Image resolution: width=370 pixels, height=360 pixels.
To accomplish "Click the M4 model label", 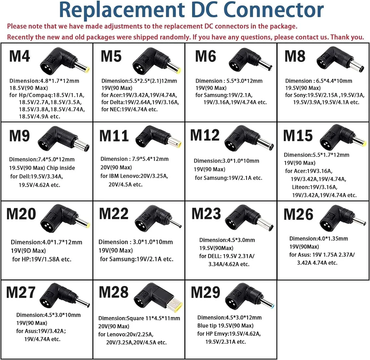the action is coord(20,56).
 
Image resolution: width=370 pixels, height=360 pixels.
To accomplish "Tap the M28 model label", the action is coord(114,292).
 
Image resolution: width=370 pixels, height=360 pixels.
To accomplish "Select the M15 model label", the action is coord(298,136).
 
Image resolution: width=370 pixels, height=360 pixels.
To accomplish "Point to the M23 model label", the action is coord(206,214).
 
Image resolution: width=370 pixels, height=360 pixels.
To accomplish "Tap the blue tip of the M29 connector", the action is coord(273,307).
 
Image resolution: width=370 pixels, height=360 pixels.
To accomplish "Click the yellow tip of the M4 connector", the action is coord(87,70).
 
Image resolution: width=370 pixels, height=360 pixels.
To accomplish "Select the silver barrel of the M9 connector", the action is coord(81,145).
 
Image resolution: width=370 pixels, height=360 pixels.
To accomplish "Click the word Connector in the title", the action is coord(273,10).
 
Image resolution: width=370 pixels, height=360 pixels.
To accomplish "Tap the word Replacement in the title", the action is coord(122,11).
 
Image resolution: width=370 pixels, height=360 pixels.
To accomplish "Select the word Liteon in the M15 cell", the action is coord(301,187).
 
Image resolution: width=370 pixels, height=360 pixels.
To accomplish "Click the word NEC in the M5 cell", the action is coord(115,109).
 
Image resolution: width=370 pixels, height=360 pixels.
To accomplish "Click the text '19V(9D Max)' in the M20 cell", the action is coord(28,251).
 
